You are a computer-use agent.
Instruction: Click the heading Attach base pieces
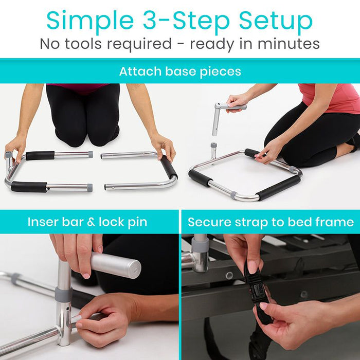pos(180,71)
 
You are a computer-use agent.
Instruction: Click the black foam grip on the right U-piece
pos(168,166)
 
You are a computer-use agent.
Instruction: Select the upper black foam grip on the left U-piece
pos(40,155)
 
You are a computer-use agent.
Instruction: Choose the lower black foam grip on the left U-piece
pos(29,187)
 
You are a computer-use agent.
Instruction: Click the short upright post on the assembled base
pos(213,151)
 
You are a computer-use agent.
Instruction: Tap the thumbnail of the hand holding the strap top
pos(252,267)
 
